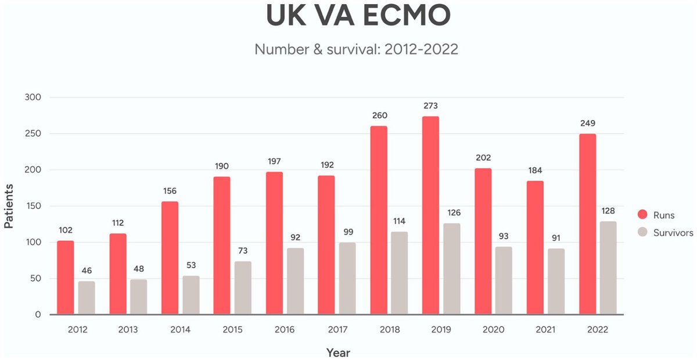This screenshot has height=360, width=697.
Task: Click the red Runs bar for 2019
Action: click(x=430, y=215)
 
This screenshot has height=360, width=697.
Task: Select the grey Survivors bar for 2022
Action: click(x=609, y=268)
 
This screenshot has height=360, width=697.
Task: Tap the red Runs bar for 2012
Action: click(x=66, y=278)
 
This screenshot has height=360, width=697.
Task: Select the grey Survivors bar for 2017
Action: click(x=347, y=278)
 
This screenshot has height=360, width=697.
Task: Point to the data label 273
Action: click(x=430, y=106)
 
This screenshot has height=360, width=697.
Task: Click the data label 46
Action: click(x=87, y=271)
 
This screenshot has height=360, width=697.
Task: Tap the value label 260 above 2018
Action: click(x=379, y=115)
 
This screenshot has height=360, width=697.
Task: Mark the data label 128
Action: click(x=608, y=211)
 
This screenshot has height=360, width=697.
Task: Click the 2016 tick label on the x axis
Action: click(x=285, y=330)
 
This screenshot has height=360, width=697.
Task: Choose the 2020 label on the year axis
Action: click(x=493, y=330)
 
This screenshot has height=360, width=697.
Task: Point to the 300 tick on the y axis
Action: click(x=33, y=98)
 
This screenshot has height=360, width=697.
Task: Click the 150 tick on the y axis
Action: click(x=33, y=206)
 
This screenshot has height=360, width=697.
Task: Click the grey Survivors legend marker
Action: click(x=643, y=233)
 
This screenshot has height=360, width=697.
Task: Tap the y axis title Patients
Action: click(x=9, y=206)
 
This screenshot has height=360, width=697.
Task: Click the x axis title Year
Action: click(x=338, y=352)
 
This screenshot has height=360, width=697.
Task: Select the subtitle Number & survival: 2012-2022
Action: click(x=356, y=49)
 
